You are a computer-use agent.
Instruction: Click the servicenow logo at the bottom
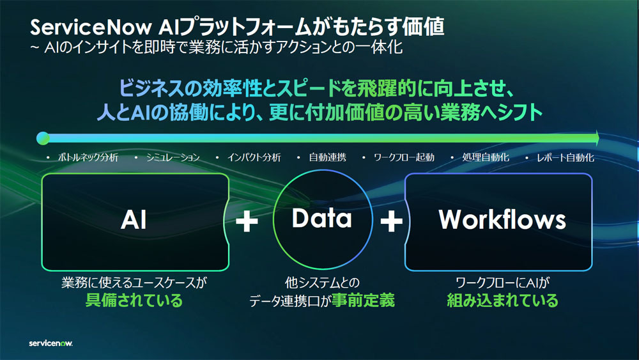[x=50, y=343]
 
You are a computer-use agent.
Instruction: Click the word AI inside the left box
[x=134, y=220]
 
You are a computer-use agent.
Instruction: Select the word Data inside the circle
[x=322, y=218]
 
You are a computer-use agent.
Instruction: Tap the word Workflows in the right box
[x=502, y=220]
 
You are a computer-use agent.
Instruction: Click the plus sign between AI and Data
[x=247, y=221]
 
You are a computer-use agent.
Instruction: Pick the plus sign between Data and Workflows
[x=391, y=221]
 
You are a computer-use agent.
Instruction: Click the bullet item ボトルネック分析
[x=88, y=157]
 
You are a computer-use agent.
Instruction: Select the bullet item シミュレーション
[x=173, y=157]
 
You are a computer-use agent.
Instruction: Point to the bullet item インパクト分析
[x=254, y=157]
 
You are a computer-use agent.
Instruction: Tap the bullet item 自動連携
[x=327, y=157]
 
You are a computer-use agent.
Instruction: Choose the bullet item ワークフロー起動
[x=404, y=157]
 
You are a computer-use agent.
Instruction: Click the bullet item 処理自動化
[x=486, y=157]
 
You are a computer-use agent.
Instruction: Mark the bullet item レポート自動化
[x=566, y=157]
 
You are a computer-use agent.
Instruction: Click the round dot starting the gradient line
[x=43, y=138]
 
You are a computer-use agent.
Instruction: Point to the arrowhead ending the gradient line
[x=597, y=138]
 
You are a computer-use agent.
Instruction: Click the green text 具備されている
[x=134, y=301]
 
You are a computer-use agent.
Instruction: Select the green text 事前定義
[x=363, y=301]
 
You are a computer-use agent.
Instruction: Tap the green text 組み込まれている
[x=502, y=301]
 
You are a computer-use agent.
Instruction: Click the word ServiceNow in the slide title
[x=91, y=27]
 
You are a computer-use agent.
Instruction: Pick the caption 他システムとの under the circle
[x=322, y=283]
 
